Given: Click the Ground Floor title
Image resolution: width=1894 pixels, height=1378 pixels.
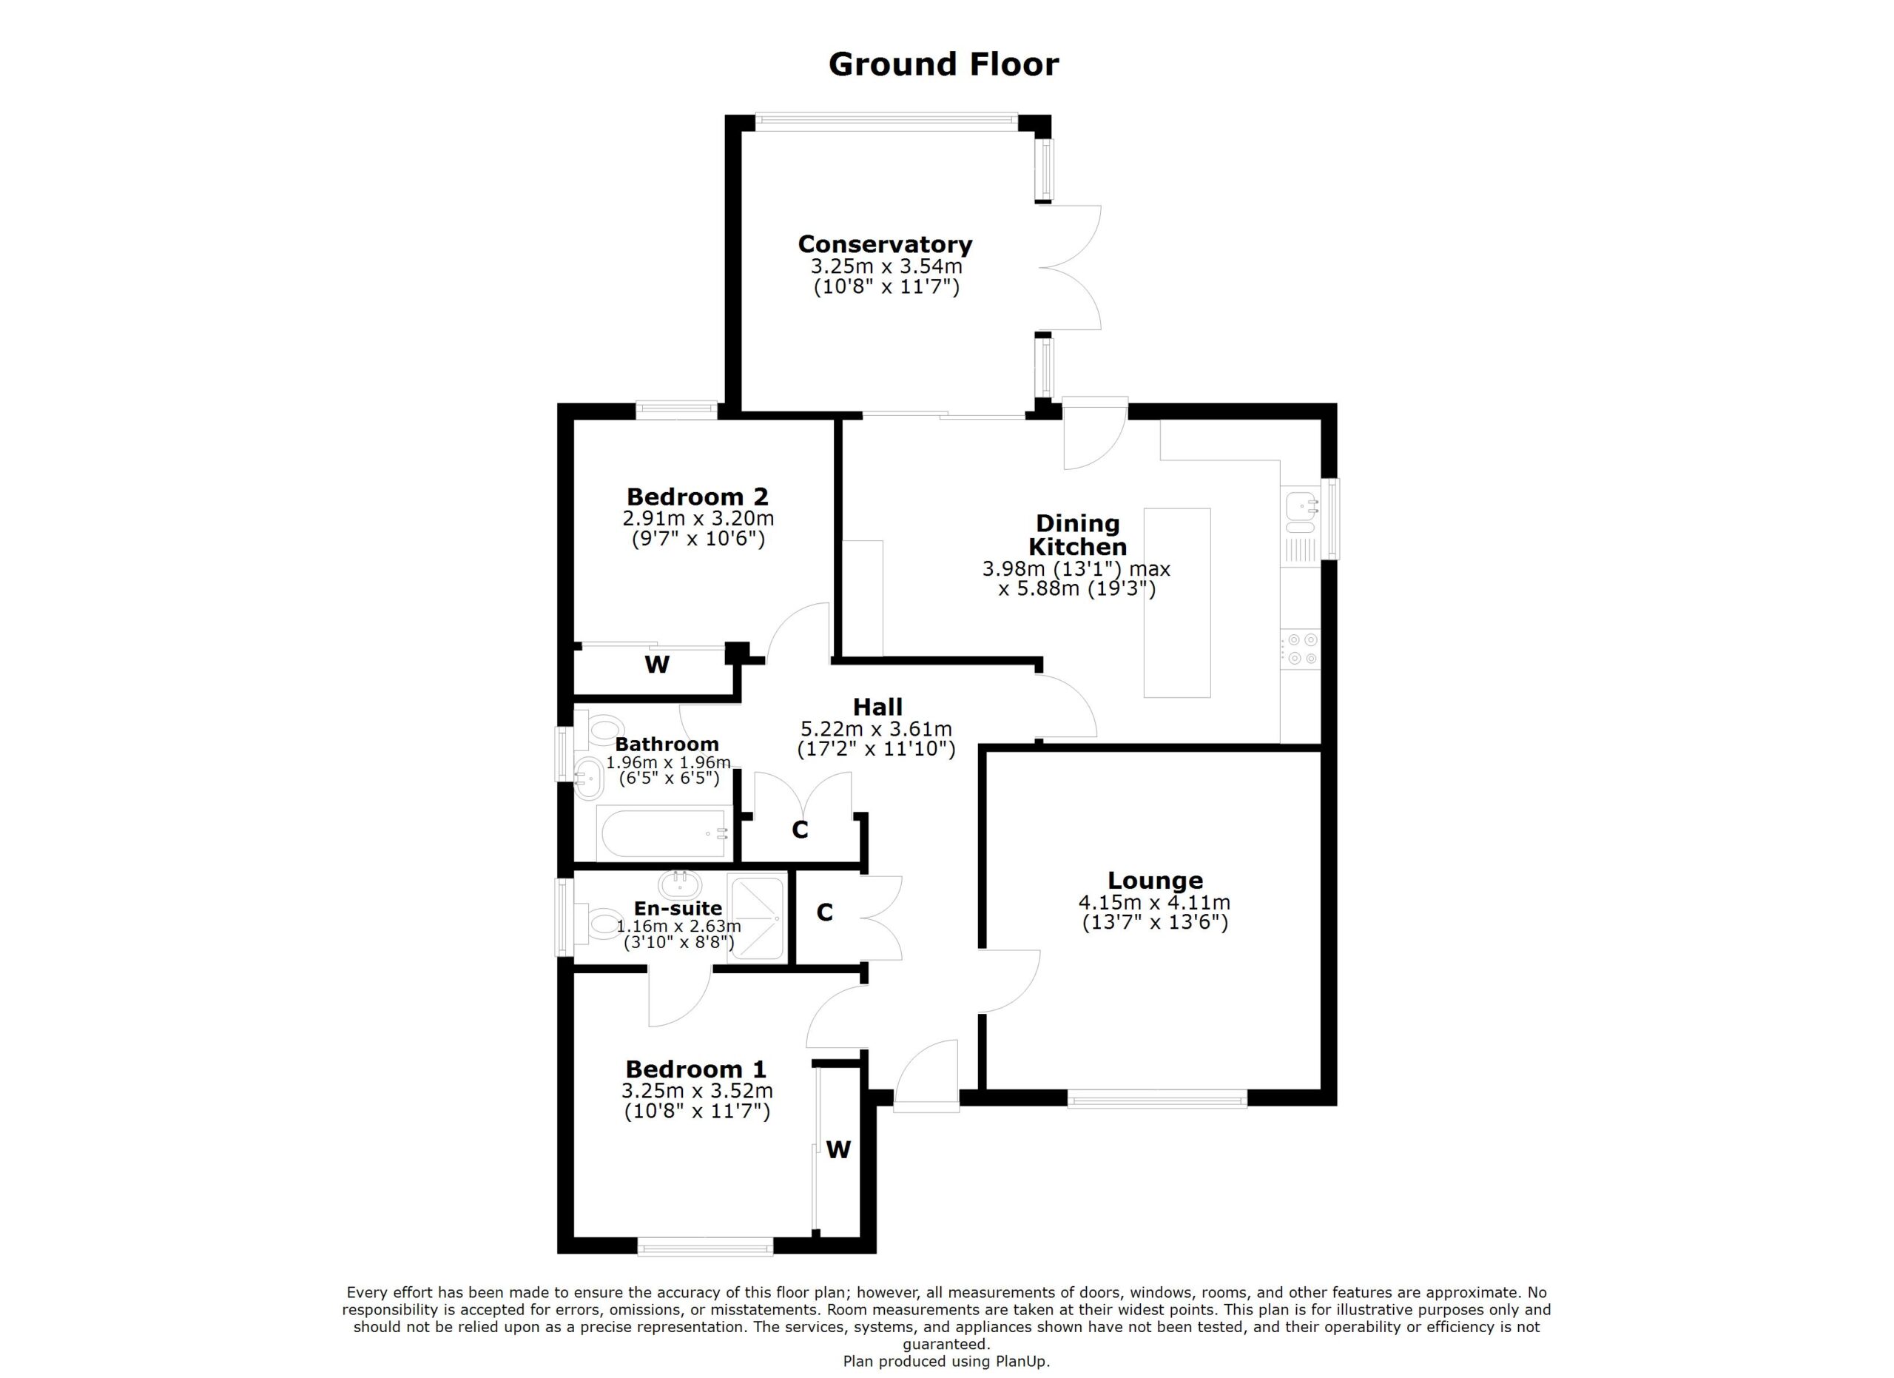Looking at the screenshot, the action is (x=943, y=64).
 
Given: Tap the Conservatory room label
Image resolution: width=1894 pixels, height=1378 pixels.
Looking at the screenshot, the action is (x=885, y=244).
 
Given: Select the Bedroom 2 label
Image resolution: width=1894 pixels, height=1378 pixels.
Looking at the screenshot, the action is (x=698, y=497).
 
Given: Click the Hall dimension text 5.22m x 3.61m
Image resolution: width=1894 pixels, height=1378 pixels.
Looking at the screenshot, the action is (x=876, y=729).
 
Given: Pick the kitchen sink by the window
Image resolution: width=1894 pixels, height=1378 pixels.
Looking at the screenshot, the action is (x=1301, y=513).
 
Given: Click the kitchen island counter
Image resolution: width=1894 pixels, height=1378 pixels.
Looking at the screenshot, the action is (x=1176, y=602).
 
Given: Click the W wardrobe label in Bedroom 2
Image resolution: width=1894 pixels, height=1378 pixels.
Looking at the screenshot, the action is (x=657, y=665).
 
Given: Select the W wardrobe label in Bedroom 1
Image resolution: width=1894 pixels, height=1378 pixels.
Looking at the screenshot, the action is (x=838, y=1150).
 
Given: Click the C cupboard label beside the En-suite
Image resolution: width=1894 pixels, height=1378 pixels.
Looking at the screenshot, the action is (x=824, y=912).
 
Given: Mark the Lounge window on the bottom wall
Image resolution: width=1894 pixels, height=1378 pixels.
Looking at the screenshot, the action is (x=1156, y=1099).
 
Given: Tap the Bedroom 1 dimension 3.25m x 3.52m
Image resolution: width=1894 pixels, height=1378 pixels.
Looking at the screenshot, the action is (x=698, y=1091).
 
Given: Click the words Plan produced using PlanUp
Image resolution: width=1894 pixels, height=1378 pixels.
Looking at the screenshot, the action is (x=946, y=1361).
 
